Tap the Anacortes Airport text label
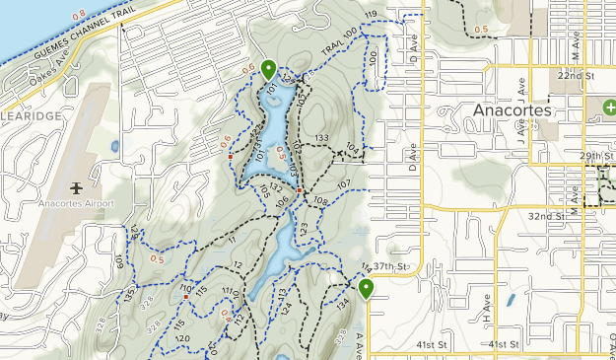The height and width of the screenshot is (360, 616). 77,204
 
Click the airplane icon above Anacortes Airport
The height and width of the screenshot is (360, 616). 77,187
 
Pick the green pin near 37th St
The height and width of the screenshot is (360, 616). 366,289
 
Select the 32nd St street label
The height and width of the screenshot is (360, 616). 544,215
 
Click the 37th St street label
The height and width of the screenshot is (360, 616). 391,267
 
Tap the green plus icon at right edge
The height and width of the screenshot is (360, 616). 609,106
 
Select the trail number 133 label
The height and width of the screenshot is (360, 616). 321,138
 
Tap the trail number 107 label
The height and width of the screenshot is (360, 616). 344,185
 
